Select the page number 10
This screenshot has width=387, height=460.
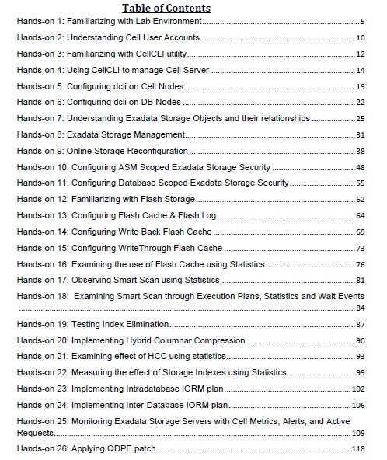point(361,37)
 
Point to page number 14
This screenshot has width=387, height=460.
point(361,71)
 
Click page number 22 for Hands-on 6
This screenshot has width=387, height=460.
point(361,103)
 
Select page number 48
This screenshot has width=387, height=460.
point(361,168)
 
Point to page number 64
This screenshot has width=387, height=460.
point(361,216)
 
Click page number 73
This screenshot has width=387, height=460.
point(361,249)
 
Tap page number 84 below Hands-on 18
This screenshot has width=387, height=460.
point(361,308)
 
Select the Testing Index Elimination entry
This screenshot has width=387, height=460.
point(93,323)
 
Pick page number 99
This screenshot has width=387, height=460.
point(361,374)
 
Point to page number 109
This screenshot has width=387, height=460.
point(359,433)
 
